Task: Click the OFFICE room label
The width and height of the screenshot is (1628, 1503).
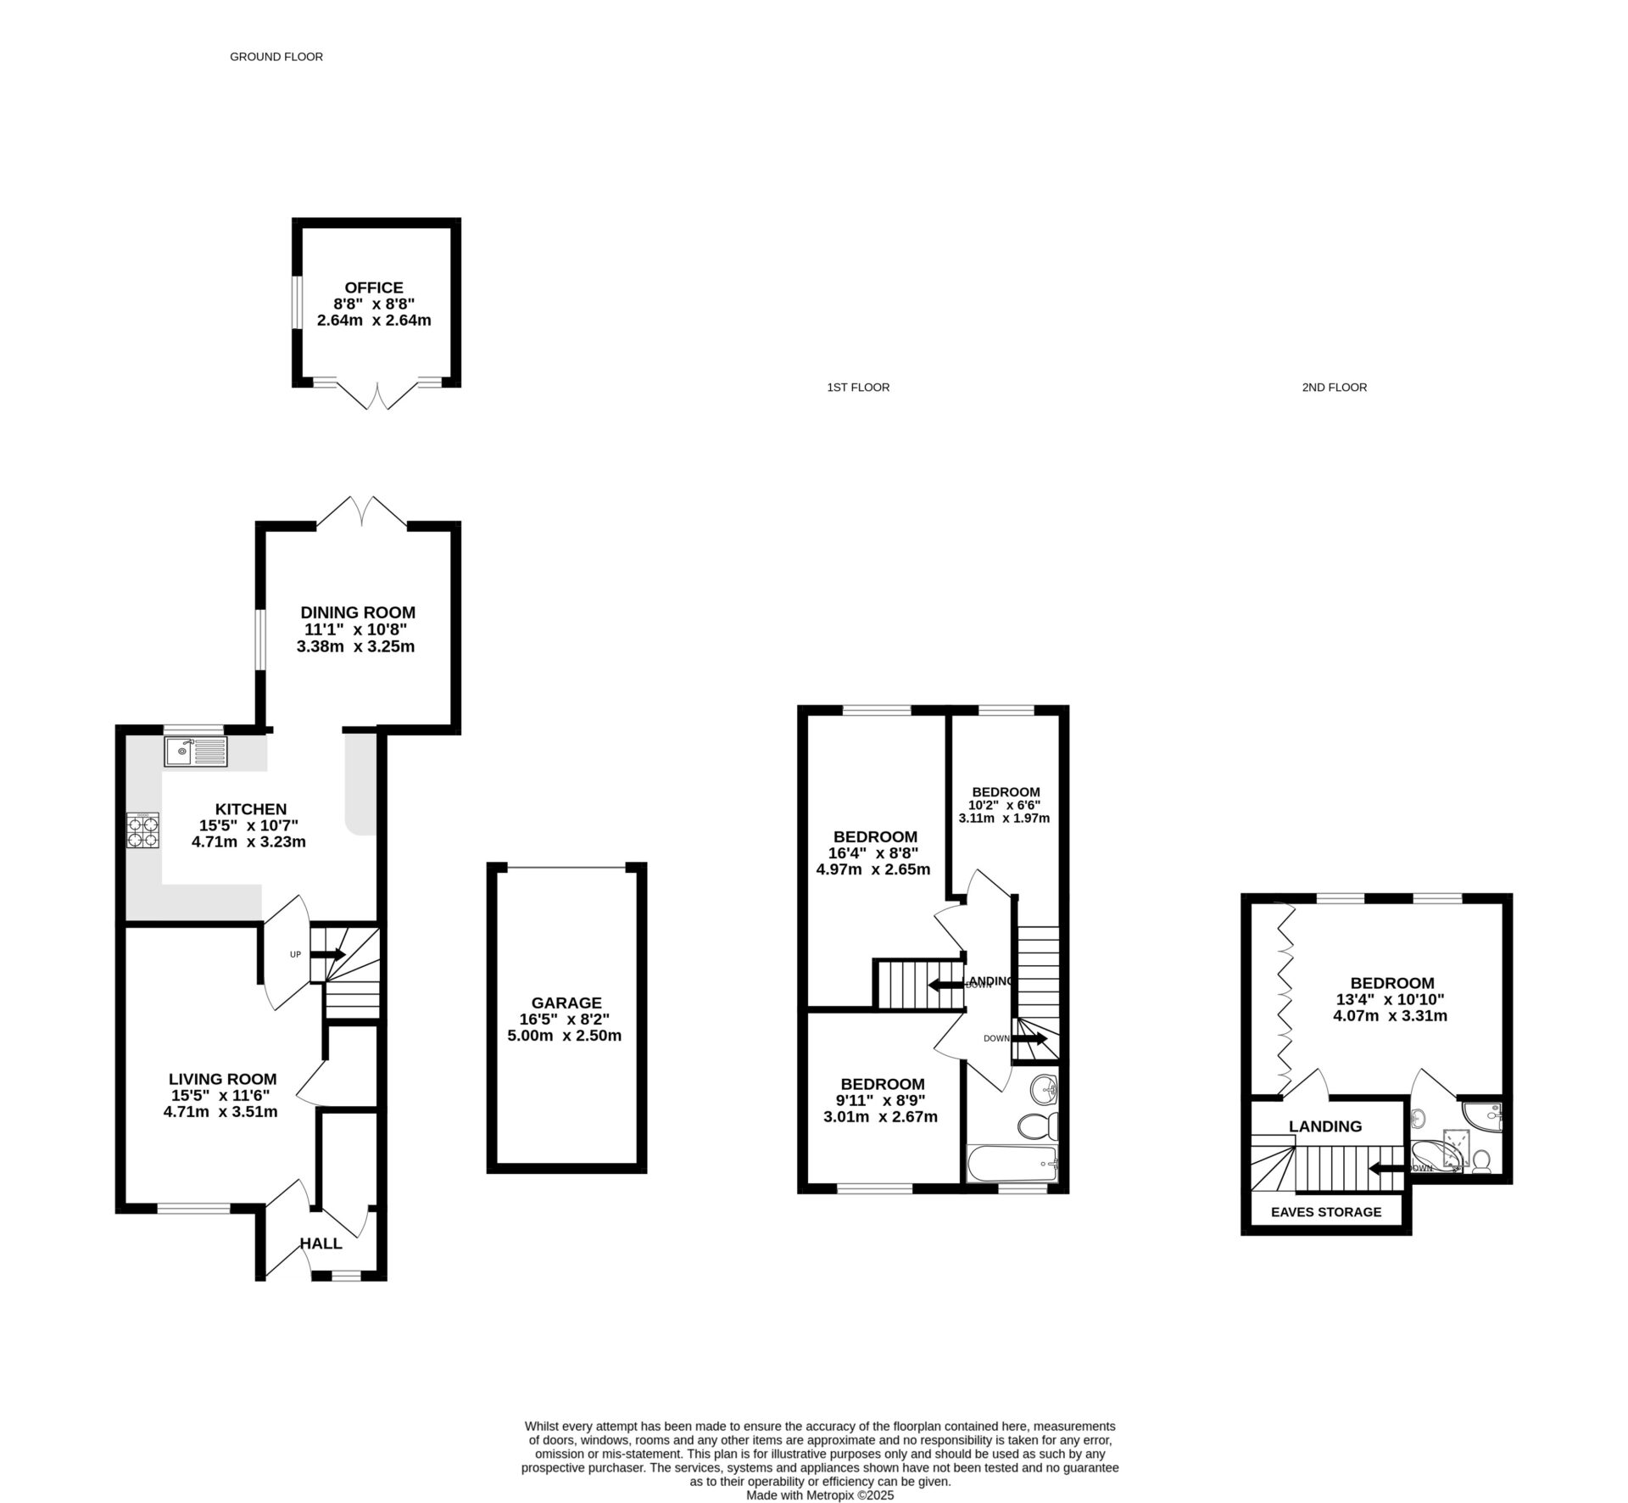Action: pyautogui.click(x=374, y=288)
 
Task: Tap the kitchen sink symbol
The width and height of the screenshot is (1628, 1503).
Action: pyautogui.click(x=197, y=751)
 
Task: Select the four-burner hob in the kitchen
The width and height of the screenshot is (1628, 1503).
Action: pyautogui.click(x=143, y=830)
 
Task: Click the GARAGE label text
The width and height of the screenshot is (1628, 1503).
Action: pyautogui.click(x=566, y=1003)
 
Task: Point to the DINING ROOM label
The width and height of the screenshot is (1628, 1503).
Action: pyautogui.click(x=358, y=612)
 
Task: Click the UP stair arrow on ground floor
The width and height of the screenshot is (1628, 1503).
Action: pyautogui.click(x=327, y=954)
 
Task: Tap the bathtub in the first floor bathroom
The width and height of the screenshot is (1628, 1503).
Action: pyautogui.click(x=1012, y=1164)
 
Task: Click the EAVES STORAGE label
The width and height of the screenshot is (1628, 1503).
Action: pyautogui.click(x=1326, y=1212)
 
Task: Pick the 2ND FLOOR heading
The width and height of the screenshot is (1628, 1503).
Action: pyautogui.click(x=1335, y=387)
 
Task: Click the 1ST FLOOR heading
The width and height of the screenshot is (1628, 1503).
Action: pyautogui.click(x=858, y=387)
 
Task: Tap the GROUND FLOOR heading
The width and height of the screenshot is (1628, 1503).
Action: pyautogui.click(x=276, y=57)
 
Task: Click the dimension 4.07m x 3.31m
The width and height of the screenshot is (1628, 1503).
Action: pyautogui.click(x=1391, y=1015)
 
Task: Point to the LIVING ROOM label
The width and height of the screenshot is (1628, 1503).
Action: pyautogui.click(x=222, y=1079)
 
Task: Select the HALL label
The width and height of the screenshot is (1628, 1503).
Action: pyautogui.click(x=321, y=1243)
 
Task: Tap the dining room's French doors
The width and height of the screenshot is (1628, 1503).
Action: pyautogui.click(x=362, y=511)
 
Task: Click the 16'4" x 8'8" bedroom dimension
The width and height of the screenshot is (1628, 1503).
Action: pyautogui.click(x=873, y=853)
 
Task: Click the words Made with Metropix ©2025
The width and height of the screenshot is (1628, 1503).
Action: pyautogui.click(x=820, y=1496)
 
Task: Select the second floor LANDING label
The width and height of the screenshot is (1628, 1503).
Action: pyautogui.click(x=1325, y=1126)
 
